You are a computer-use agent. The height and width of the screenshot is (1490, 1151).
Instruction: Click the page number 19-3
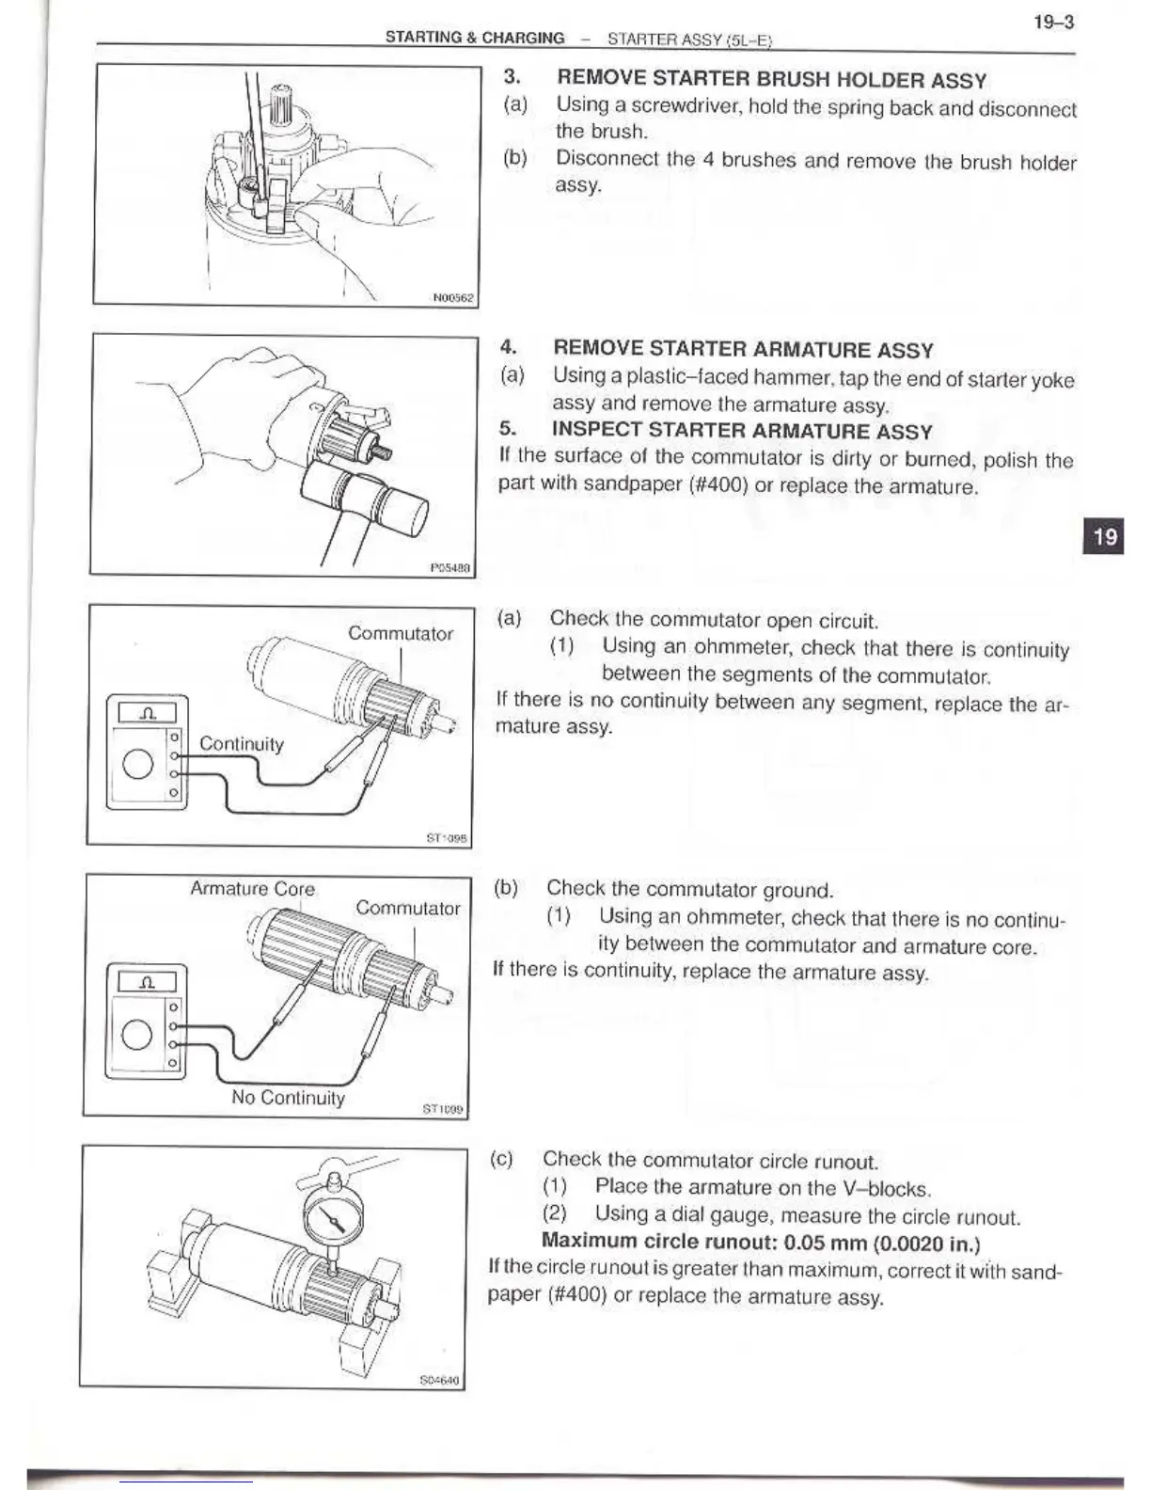tap(1053, 22)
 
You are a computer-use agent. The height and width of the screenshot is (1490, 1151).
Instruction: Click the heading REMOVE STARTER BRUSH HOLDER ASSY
tap(771, 80)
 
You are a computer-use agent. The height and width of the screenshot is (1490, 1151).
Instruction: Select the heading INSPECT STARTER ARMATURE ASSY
tap(742, 432)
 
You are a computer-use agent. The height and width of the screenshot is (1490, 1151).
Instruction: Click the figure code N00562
tap(454, 298)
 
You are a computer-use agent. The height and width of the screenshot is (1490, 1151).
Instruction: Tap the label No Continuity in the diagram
tap(288, 1098)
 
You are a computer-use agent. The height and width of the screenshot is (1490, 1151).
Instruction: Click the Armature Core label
tap(252, 889)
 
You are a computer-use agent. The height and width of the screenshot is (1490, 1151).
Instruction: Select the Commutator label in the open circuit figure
tap(401, 633)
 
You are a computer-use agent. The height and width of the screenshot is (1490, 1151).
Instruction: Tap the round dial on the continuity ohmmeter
tap(138, 763)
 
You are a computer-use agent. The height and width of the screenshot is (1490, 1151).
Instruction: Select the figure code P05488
tap(450, 567)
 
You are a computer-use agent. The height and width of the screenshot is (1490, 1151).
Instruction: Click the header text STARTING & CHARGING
tap(475, 39)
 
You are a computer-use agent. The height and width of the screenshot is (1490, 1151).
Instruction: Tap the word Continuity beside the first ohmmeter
tap(241, 744)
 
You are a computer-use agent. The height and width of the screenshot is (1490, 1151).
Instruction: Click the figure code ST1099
tap(443, 1110)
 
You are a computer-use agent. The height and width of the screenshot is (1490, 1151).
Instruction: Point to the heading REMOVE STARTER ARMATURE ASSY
tap(743, 350)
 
